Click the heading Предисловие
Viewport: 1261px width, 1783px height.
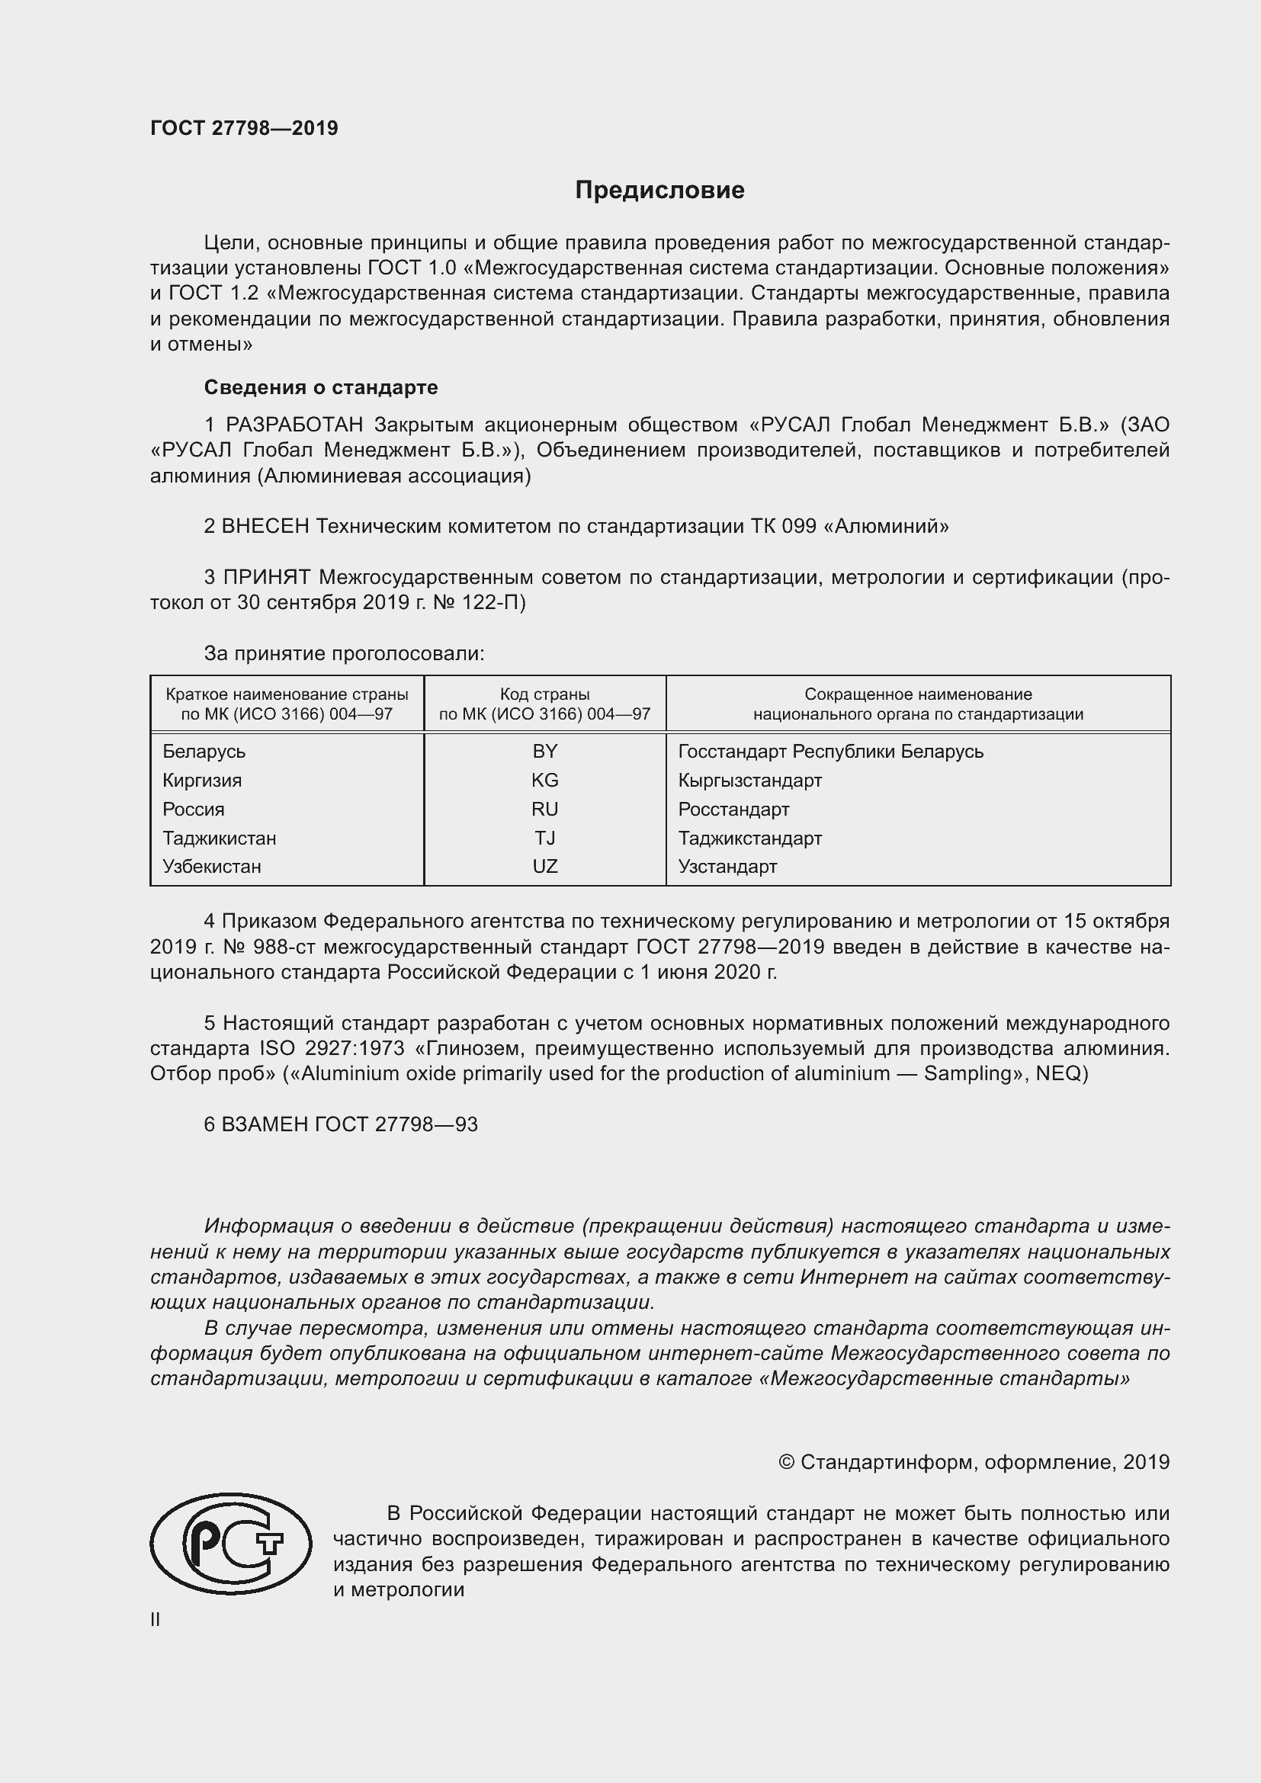click(x=659, y=191)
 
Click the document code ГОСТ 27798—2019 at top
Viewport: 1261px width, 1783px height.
click(x=244, y=129)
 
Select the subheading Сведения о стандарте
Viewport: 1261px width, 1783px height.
click(x=321, y=386)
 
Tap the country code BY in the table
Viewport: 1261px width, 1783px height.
click(x=544, y=751)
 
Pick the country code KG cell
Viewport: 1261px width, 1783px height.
click(x=544, y=780)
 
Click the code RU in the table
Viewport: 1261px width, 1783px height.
click(x=544, y=810)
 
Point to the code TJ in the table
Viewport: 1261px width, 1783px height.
click(x=544, y=838)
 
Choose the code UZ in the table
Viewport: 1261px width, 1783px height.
click(x=544, y=866)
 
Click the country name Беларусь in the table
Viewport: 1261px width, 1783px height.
click(x=204, y=751)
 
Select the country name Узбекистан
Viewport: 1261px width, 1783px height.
click(x=211, y=866)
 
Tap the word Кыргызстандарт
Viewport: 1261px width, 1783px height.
click(x=749, y=780)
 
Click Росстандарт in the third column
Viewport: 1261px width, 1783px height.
click(x=733, y=810)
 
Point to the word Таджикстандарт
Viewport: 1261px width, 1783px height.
click(x=749, y=838)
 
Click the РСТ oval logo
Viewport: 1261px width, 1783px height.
click(x=230, y=1543)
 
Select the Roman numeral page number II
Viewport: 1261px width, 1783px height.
click(x=156, y=1619)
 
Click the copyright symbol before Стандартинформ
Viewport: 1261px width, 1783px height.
click(x=786, y=1462)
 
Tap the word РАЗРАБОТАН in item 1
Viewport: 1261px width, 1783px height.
click(x=294, y=425)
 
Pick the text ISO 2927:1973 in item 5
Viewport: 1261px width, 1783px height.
click(x=332, y=1048)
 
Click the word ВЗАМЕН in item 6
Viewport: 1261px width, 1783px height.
click(x=265, y=1124)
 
